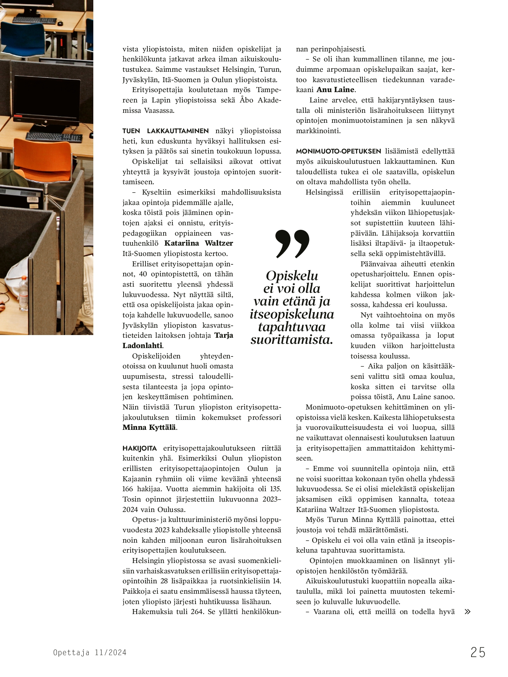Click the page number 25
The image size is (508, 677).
(x=478, y=652)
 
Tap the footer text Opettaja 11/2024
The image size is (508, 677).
(x=89, y=652)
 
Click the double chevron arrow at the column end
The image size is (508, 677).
(x=467, y=612)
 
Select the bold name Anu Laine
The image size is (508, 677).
(x=335, y=90)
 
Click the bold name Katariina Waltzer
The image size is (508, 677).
(x=199, y=243)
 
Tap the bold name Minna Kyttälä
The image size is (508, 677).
(x=149, y=428)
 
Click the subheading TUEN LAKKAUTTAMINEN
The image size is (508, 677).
(x=165, y=131)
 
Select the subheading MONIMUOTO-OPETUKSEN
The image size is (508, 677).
(x=338, y=151)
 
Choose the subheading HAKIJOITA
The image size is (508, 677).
(x=139, y=448)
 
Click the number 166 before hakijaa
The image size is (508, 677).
(x=127, y=489)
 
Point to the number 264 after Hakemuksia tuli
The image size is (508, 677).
(x=197, y=612)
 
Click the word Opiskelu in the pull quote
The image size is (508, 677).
(x=292, y=276)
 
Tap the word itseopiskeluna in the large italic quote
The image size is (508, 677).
(x=292, y=314)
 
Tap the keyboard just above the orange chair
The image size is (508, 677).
(x=54, y=136)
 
